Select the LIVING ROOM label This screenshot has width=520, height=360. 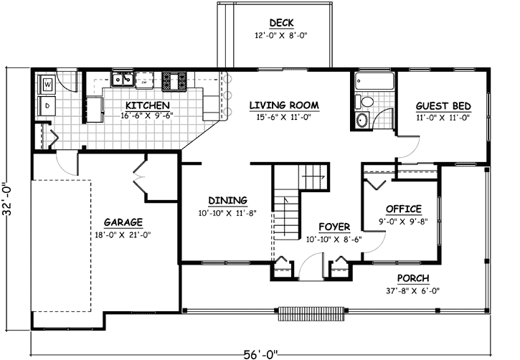coord(284,105)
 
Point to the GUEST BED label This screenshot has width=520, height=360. coord(443,105)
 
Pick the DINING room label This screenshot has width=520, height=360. coord(227,200)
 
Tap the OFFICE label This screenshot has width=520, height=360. coord(402,209)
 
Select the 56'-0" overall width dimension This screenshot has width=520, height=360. coord(260,352)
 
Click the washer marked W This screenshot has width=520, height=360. coord(47,84)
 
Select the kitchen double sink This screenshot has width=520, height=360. coord(123,79)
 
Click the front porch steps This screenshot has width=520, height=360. coord(303,313)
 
